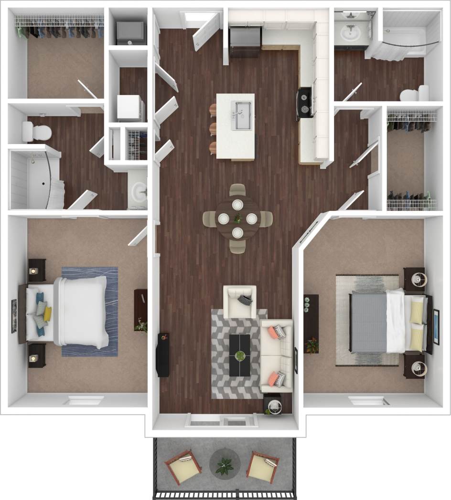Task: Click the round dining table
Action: click(x=237, y=219)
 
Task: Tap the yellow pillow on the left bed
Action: click(x=47, y=313)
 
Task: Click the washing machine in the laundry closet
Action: click(x=130, y=107)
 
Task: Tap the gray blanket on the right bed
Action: click(x=368, y=322)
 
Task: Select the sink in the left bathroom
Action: click(x=139, y=193)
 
